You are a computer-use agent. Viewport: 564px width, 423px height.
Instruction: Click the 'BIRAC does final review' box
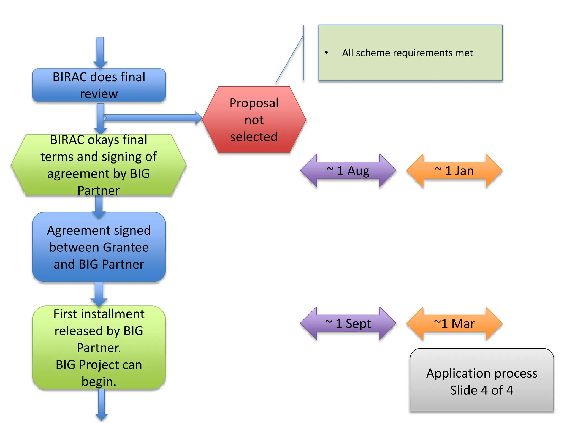coord(99,85)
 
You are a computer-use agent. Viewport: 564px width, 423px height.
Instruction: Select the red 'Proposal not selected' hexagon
coord(254,120)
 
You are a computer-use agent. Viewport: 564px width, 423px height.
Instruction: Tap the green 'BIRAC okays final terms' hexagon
coord(99,165)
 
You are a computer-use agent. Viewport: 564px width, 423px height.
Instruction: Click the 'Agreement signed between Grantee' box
coord(99,247)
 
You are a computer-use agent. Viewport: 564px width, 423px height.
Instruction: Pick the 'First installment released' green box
coord(99,347)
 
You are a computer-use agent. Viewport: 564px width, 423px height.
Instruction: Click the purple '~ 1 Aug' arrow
coord(348,171)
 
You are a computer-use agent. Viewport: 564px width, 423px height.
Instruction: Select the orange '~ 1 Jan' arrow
coord(454,171)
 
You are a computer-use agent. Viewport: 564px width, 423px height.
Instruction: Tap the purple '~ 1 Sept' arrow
coord(348,324)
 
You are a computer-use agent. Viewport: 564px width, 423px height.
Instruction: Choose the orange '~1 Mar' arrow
coord(454,324)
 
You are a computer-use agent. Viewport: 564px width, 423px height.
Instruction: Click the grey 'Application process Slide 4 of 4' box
coord(482,381)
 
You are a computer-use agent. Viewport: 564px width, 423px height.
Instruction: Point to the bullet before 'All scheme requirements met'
coord(326,53)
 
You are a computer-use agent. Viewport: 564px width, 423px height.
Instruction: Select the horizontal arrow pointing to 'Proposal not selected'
coord(151,118)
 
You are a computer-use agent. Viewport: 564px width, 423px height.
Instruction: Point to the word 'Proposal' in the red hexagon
coord(254,103)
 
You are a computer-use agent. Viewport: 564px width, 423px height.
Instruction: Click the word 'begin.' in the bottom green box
coord(99,382)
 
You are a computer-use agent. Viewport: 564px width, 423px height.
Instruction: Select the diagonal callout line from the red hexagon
coord(289,59)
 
